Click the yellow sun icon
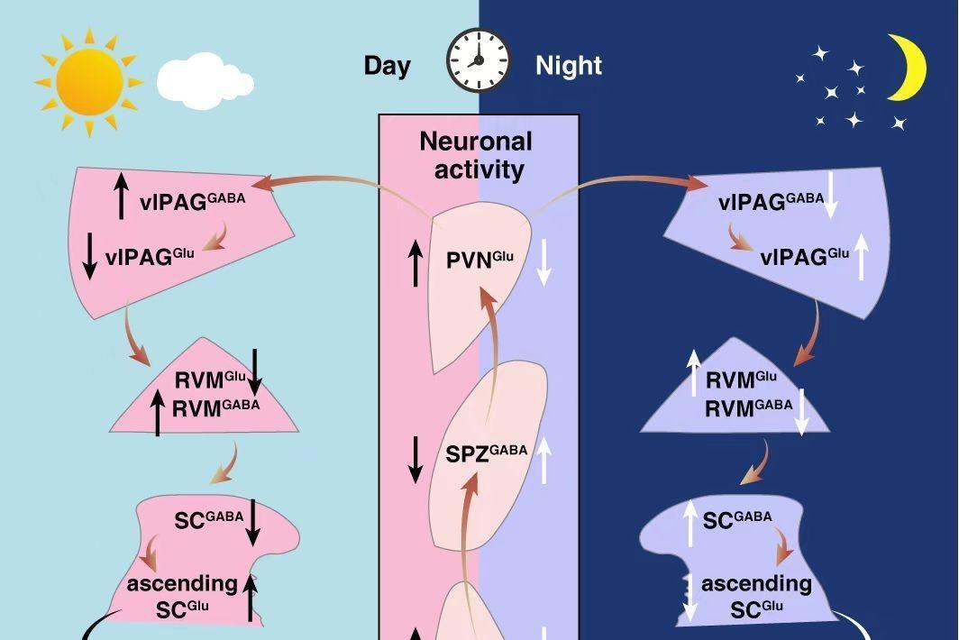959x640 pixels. tap(88, 82)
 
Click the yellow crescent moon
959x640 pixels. tap(908, 69)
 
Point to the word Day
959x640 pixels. tap(387, 66)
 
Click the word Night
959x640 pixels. tap(569, 66)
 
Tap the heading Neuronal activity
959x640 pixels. tap(476, 154)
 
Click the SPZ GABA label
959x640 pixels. tap(486, 453)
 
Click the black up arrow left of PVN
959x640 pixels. tap(415, 262)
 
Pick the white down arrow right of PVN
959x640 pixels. tap(543, 262)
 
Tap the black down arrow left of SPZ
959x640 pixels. tap(415, 459)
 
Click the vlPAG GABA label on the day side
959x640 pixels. tap(205, 200)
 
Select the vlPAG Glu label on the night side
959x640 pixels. tap(804, 256)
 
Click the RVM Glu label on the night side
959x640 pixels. tap(740, 379)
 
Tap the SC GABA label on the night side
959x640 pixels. tap(737, 519)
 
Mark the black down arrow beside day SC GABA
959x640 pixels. tap(253, 521)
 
